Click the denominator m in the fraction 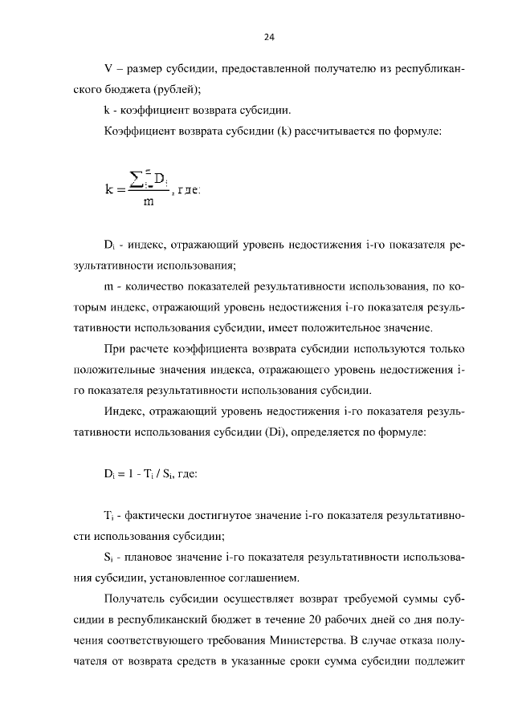149,202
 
